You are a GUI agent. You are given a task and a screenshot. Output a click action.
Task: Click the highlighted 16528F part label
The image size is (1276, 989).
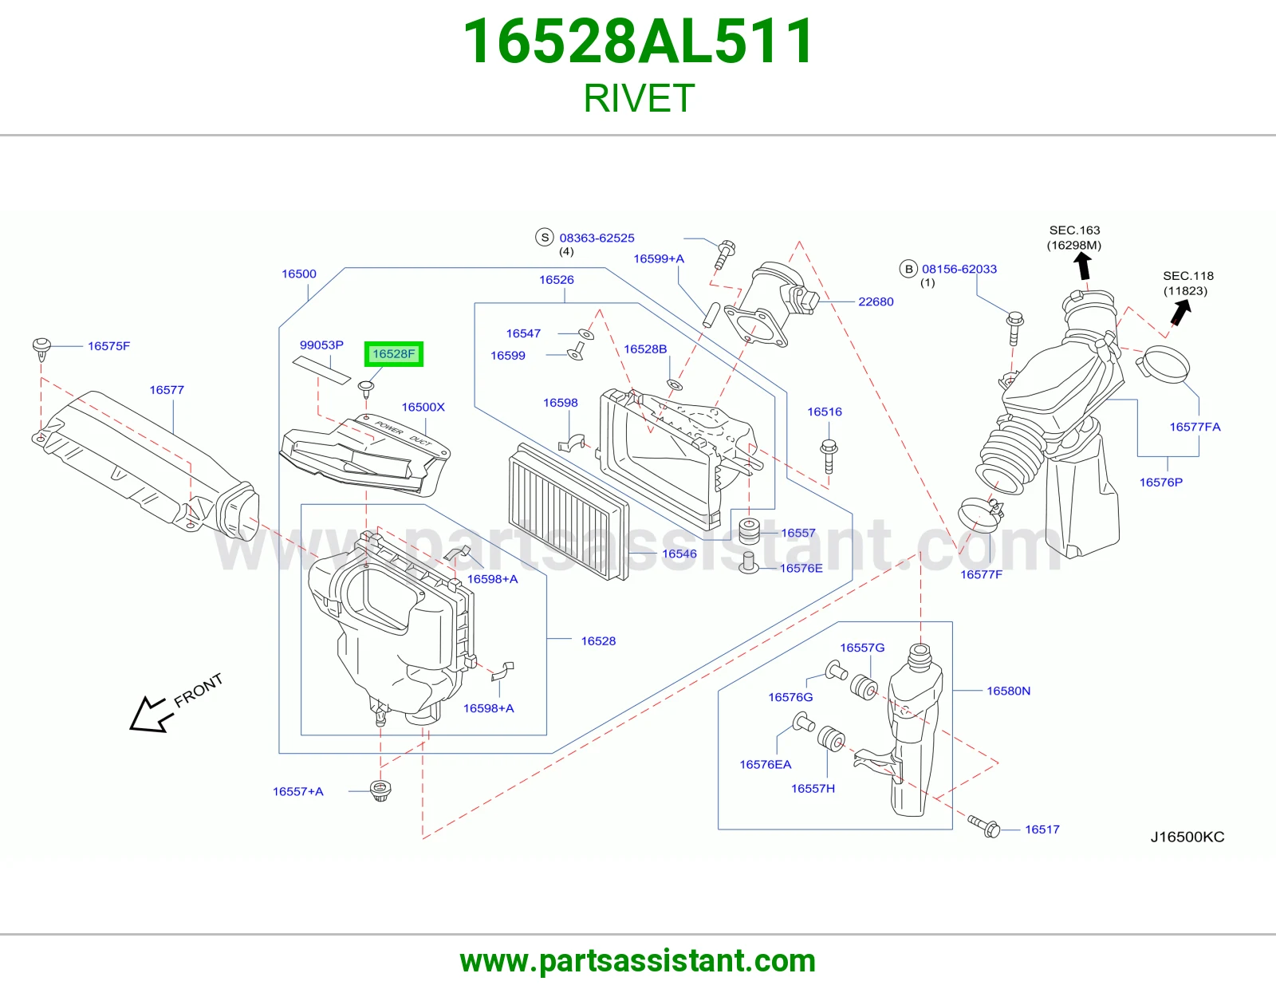393,353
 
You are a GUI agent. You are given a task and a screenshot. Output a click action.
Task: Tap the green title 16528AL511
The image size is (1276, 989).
638,41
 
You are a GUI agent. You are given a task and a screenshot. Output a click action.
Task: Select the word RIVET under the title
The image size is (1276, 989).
638,98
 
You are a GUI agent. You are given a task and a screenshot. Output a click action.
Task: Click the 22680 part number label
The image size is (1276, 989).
876,301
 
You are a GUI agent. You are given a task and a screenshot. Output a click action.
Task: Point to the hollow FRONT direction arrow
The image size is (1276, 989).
151,714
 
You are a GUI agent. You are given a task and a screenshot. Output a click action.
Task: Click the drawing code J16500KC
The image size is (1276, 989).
1187,837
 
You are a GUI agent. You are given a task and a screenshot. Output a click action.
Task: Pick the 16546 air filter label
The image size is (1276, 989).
679,554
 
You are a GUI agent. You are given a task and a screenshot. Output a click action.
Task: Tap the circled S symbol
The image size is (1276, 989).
545,237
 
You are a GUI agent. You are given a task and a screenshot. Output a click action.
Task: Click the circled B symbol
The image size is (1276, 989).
908,269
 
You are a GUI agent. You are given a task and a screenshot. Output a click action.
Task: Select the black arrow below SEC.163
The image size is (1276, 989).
1083,266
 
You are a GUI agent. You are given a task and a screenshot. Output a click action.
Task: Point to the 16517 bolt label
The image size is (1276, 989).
1042,829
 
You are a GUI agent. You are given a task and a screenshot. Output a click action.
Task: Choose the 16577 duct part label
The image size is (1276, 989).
167,390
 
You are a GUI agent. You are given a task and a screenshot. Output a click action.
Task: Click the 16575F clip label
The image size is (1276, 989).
108,346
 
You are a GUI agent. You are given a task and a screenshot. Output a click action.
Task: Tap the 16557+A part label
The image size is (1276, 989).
297,792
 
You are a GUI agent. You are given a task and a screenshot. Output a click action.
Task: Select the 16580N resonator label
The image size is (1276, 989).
1008,691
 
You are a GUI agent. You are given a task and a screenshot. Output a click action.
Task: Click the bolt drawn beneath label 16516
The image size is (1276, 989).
829,456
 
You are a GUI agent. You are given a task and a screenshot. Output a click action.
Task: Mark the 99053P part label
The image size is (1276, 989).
321,345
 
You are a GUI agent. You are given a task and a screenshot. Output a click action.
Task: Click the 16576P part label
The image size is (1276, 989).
1161,483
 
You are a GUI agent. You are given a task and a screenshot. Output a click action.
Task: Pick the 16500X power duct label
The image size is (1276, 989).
423,407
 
